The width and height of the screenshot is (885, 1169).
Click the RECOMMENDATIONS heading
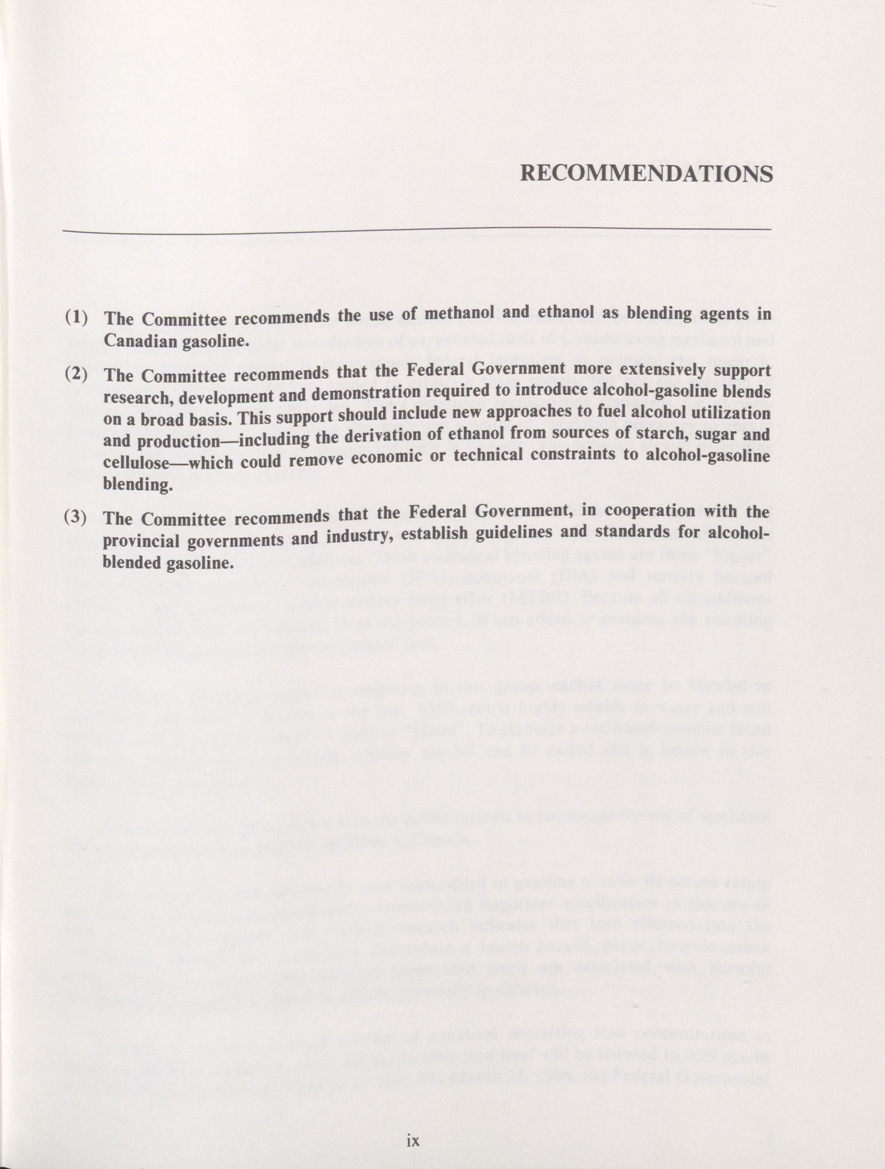coord(646,173)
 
